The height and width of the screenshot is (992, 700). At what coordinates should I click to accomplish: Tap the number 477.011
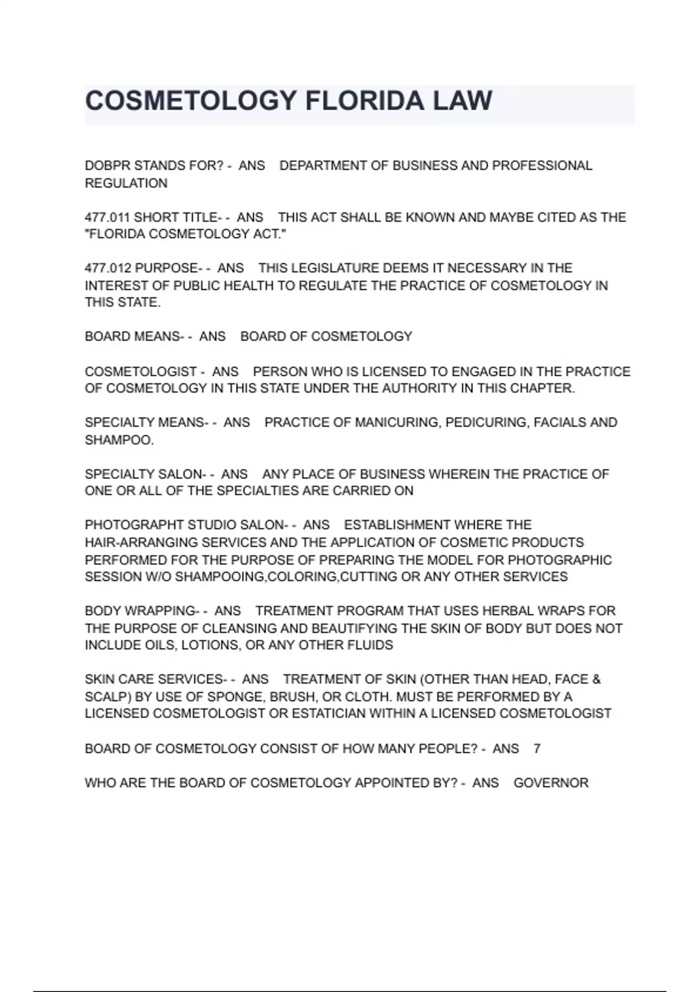[x=107, y=217]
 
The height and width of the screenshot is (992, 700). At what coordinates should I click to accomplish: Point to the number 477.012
[x=108, y=268]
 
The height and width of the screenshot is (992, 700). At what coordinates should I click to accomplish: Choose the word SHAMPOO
[x=118, y=440]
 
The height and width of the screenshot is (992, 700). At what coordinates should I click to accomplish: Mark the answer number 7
[x=537, y=749]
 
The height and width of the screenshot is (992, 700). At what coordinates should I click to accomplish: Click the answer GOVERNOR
[x=551, y=783]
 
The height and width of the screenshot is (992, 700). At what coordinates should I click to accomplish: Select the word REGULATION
[x=126, y=183]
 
